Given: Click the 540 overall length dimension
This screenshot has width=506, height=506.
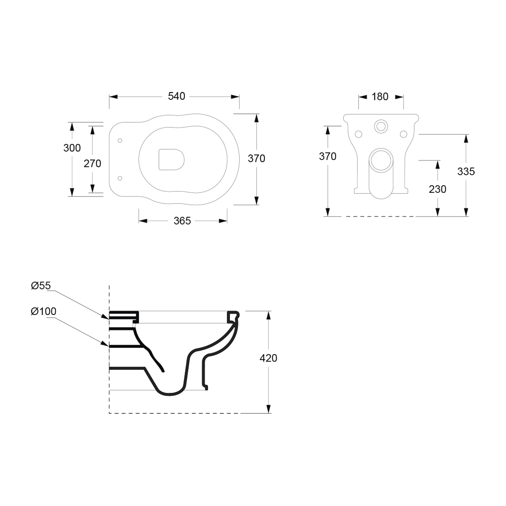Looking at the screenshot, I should [x=176, y=96].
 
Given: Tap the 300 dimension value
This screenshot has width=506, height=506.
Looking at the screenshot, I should [x=72, y=148].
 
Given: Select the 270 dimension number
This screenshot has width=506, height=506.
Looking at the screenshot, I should [x=92, y=164].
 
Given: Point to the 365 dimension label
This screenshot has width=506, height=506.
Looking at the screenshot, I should [x=182, y=221].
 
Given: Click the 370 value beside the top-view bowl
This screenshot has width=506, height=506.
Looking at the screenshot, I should [x=256, y=158].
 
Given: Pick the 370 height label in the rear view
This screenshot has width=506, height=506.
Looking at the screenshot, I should [x=328, y=156].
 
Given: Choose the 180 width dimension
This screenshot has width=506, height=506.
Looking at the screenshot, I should [x=380, y=96].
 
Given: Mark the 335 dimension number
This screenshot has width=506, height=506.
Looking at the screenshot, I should [x=466, y=171].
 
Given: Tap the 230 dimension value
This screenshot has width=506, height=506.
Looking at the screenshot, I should [x=437, y=189].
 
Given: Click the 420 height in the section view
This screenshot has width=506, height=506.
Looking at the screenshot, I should [x=268, y=358].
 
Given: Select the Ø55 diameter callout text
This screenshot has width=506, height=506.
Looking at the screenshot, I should [x=41, y=286].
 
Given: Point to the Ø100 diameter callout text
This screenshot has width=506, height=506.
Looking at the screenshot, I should [x=44, y=311].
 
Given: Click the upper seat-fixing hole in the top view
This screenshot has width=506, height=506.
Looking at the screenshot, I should [x=120, y=140].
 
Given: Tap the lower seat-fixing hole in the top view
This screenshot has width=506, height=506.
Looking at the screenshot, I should [x=120, y=178].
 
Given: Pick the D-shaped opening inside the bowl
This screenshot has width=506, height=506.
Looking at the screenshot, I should [x=171, y=159].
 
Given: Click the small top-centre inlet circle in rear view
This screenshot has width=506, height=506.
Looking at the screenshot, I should [x=381, y=126].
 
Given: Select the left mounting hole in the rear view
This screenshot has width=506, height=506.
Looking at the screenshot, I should [x=359, y=134].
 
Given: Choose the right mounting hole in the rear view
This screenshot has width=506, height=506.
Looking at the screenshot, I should [x=404, y=134].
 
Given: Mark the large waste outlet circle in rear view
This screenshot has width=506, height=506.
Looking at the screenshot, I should [x=381, y=160].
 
